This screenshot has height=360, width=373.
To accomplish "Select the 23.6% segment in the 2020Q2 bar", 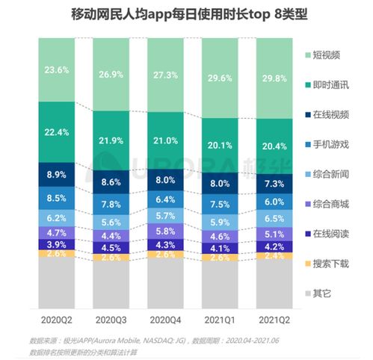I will point(57,70).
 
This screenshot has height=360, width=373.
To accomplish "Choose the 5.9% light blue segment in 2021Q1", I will point(221,222).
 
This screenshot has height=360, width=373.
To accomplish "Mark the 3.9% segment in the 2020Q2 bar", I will point(57,244).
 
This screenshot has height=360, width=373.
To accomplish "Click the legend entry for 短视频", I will point(325,56).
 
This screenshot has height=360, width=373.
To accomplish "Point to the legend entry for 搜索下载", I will point(325,263).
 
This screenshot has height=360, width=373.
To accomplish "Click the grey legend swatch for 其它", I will point(309,293).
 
